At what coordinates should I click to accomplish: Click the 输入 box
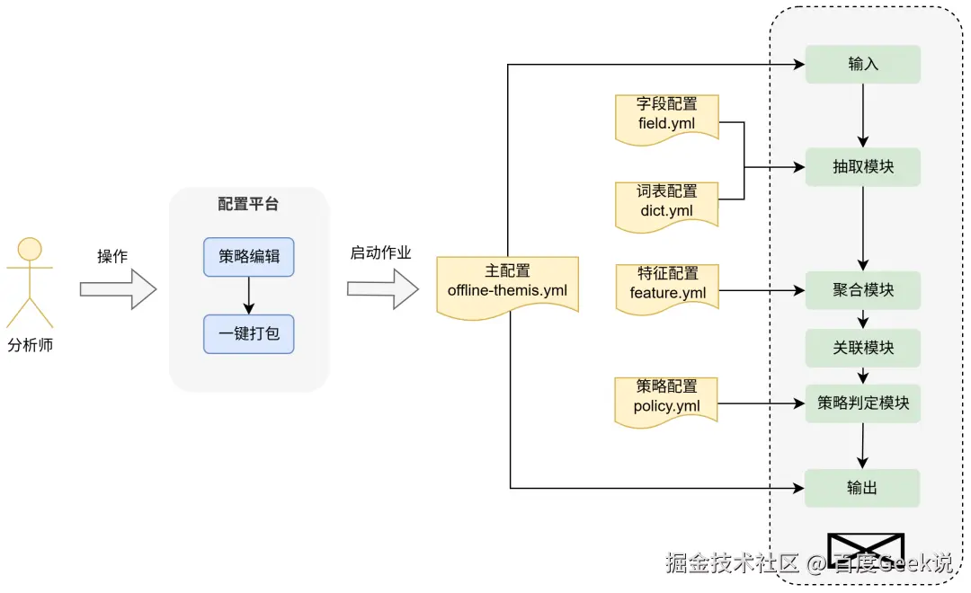pos(862,65)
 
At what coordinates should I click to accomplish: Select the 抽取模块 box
pos(862,167)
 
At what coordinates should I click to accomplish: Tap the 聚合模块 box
pos(862,290)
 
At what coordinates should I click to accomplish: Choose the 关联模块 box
pos(862,348)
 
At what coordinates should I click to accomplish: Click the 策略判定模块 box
pos(862,403)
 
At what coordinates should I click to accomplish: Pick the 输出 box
pos(862,488)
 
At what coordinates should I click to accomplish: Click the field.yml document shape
pos(666,116)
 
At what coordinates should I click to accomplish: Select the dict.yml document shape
pos(666,202)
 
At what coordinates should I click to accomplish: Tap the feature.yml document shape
pos(666,286)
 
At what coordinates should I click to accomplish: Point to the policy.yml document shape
pos(666,398)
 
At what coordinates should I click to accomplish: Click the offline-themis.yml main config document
pos(507,283)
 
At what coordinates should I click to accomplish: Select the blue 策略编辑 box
pos(249,256)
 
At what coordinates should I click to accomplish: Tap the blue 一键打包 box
pos(249,333)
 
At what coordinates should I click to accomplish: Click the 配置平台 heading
pos(248,204)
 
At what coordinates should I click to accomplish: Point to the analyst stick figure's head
pos(31,249)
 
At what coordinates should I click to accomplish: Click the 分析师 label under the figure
pos(31,345)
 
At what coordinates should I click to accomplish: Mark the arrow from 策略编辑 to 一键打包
pos(249,295)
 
